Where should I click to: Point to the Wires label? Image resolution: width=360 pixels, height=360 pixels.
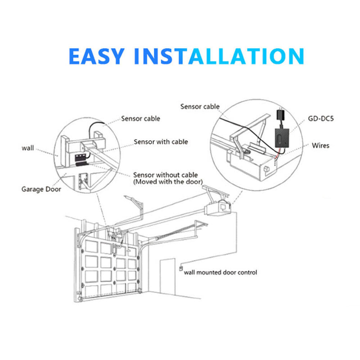tap(320, 145)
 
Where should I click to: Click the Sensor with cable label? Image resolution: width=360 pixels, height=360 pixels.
tap(161, 142)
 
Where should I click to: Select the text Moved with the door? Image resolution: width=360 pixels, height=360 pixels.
tap(168, 181)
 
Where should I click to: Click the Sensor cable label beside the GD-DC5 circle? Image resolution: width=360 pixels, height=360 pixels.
tap(200, 107)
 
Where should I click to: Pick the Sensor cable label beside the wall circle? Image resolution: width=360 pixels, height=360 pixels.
tap(140, 119)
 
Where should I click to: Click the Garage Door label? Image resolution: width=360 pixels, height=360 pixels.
tap(41, 189)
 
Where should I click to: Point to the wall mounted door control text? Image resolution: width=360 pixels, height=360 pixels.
tap(220, 272)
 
